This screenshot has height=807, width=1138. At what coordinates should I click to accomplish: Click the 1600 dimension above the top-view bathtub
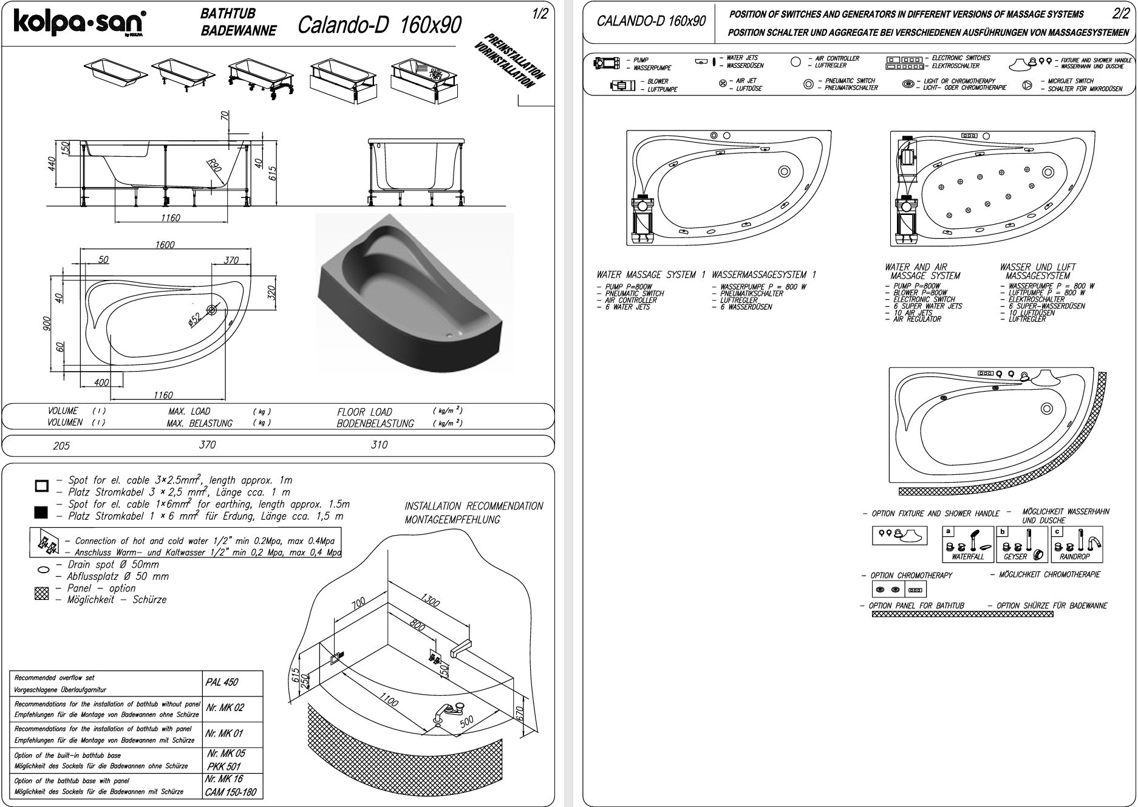[x=165, y=245]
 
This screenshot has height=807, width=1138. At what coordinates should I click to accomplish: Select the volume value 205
[x=61, y=446]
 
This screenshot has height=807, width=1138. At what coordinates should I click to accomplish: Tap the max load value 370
[x=207, y=445]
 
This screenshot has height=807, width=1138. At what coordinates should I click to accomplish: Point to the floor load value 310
[x=379, y=445]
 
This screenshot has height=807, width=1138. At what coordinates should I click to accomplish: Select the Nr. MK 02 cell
[x=225, y=708]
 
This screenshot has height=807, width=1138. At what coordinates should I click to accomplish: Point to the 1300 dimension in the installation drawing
[x=433, y=601]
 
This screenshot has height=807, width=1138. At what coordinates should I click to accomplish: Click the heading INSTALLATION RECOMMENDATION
[x=474, y=506]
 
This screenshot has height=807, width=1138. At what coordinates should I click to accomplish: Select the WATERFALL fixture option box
[x=968, y=545]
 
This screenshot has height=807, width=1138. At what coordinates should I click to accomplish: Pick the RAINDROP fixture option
[x=1075, y=545]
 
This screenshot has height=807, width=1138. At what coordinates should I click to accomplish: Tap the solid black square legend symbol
[x=41, y=513]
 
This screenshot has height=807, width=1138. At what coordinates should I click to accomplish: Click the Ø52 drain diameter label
[x=195, y=318]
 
